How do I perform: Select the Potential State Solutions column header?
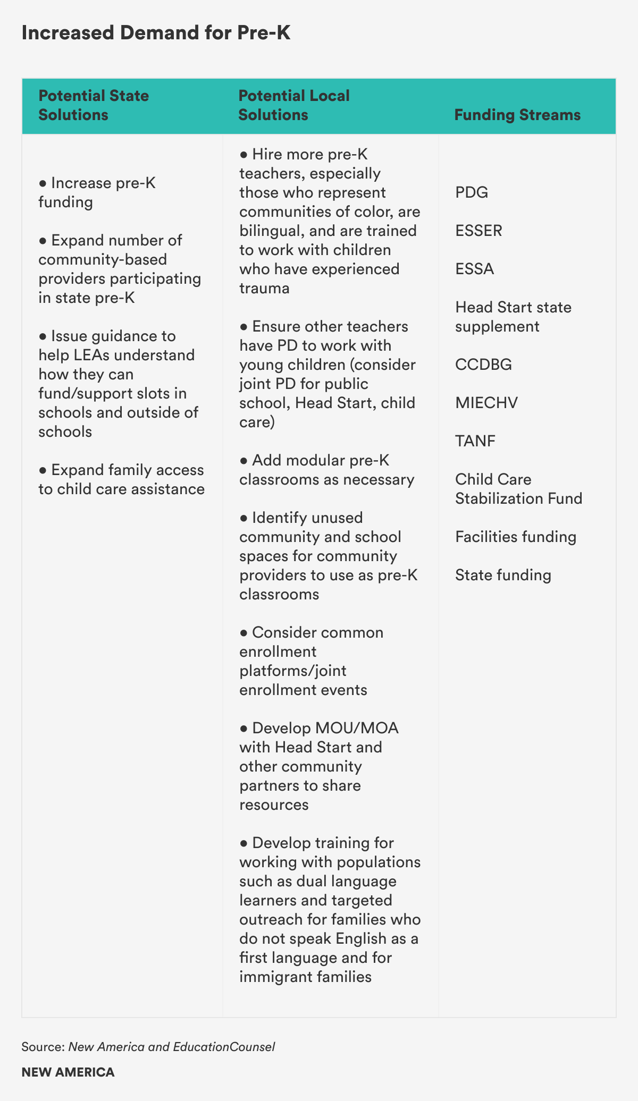pos(94,105)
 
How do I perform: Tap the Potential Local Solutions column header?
pos(293,105)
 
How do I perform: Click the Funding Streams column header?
pos(517,115)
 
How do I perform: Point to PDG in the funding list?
pos(472,192)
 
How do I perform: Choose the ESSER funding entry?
pos(478,231)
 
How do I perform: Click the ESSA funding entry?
pos(475,269)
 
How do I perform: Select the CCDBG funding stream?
pos(483,365)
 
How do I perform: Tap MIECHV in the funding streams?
pos(486,403)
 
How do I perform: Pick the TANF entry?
pos(475,441)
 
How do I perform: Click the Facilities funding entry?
pos(515,537)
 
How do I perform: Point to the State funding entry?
pos(503,575)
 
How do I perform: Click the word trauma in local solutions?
pos(264,289)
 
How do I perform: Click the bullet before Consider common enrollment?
pos(244,633)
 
